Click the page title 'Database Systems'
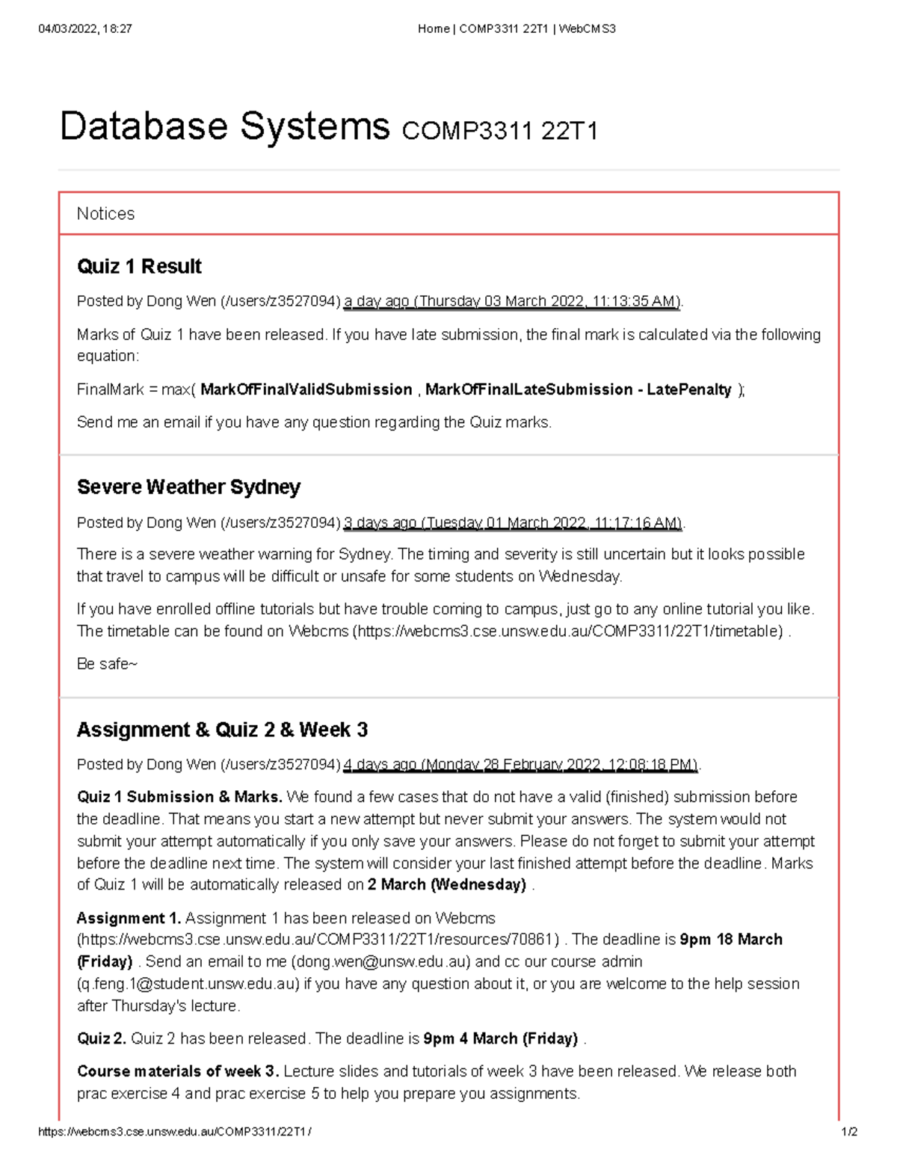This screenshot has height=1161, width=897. coord(224,126)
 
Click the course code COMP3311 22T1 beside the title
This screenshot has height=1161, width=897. coord(499,132)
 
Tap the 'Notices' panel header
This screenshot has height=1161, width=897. coord(105,214)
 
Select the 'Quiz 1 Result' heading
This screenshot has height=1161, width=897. coord(139,266)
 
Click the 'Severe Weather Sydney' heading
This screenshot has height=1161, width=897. coord(188,487)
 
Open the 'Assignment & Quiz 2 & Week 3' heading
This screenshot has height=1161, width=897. coord(222,730)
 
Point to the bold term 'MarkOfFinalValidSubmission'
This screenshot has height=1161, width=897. coord(306,389)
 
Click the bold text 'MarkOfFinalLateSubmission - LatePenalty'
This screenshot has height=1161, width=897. coord(578,389)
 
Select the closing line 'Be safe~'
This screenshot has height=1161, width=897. coord(107,664)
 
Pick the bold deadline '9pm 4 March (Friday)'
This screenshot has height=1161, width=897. coord(500,1038)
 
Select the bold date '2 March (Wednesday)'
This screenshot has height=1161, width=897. coord(446,884)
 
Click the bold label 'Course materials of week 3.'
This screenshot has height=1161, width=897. coord(178,1071)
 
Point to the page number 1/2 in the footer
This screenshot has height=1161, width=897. coord(849,1132)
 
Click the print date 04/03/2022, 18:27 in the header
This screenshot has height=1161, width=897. coord(84,29)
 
